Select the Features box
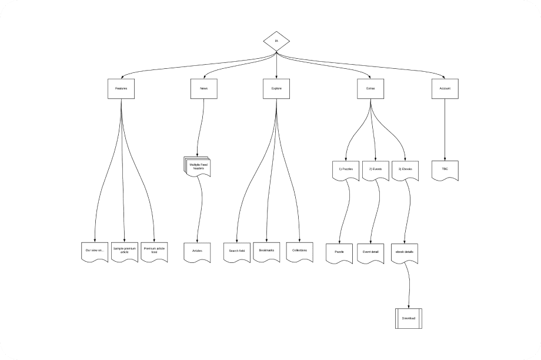(x=122, y=88)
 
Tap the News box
(x=204, y=88)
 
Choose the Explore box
(x=276, y=88)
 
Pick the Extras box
(x=370, y=88)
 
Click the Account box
(x=445, y=88)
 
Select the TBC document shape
(x=445, y=169)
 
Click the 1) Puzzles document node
(x=346, y=169)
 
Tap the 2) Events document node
(x=375, y=169)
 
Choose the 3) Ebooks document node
(x=405, y=169)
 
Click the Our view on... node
(x=94, y=251)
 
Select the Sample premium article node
(x=124, y=251)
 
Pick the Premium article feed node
(x=154, y=251)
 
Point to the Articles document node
(x=197, y=251)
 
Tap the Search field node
(x=237, y=251)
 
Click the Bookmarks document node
(x=267, y=251)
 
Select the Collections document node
(x=299, y=251)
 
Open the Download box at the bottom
(x=409, y=318)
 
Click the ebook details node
(x=405, y=252)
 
